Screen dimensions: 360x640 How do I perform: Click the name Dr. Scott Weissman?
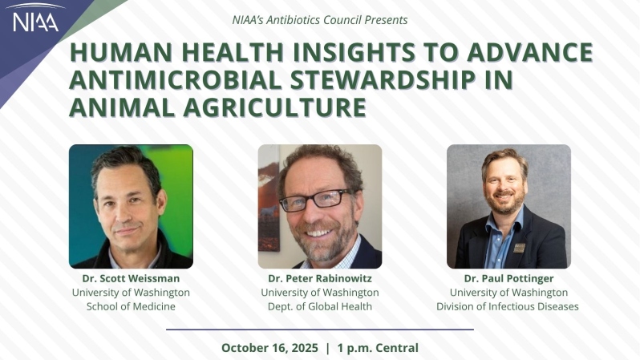[x=131, y=278]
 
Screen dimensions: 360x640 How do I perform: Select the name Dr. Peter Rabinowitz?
[x=319, y=278]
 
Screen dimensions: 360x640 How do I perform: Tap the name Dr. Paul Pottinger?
[x=508, y=278]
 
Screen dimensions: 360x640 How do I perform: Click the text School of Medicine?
[x=131, y=306]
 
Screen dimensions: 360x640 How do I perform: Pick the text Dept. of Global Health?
[x=319, y=306]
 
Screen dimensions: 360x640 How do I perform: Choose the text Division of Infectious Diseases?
[x=508, y=306]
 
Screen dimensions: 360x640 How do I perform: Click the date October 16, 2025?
[x=269, y=348]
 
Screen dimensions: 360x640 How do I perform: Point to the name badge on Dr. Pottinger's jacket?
[x=519, y=248]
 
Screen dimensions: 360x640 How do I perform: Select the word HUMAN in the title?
[x=115, y=53]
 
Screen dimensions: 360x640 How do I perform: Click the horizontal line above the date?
[x=319, y=329]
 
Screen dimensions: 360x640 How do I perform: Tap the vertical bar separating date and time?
[x=327, y=348]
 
